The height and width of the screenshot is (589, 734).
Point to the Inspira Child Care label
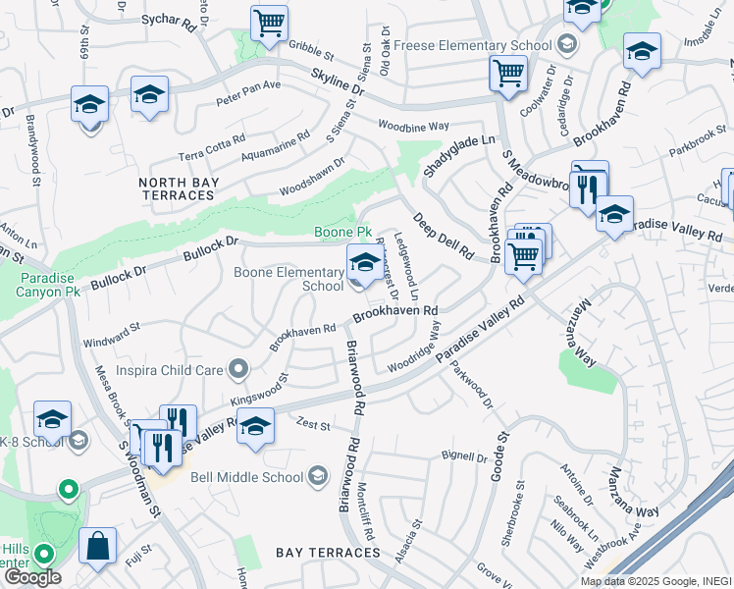click(171, 370)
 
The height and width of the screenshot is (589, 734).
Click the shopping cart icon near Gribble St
click(269, 23)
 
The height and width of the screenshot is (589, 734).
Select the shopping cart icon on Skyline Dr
click(508, 72)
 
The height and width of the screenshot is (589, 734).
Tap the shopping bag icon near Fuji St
click(97, 546)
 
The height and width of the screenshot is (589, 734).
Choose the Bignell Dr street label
click(464, 455)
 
